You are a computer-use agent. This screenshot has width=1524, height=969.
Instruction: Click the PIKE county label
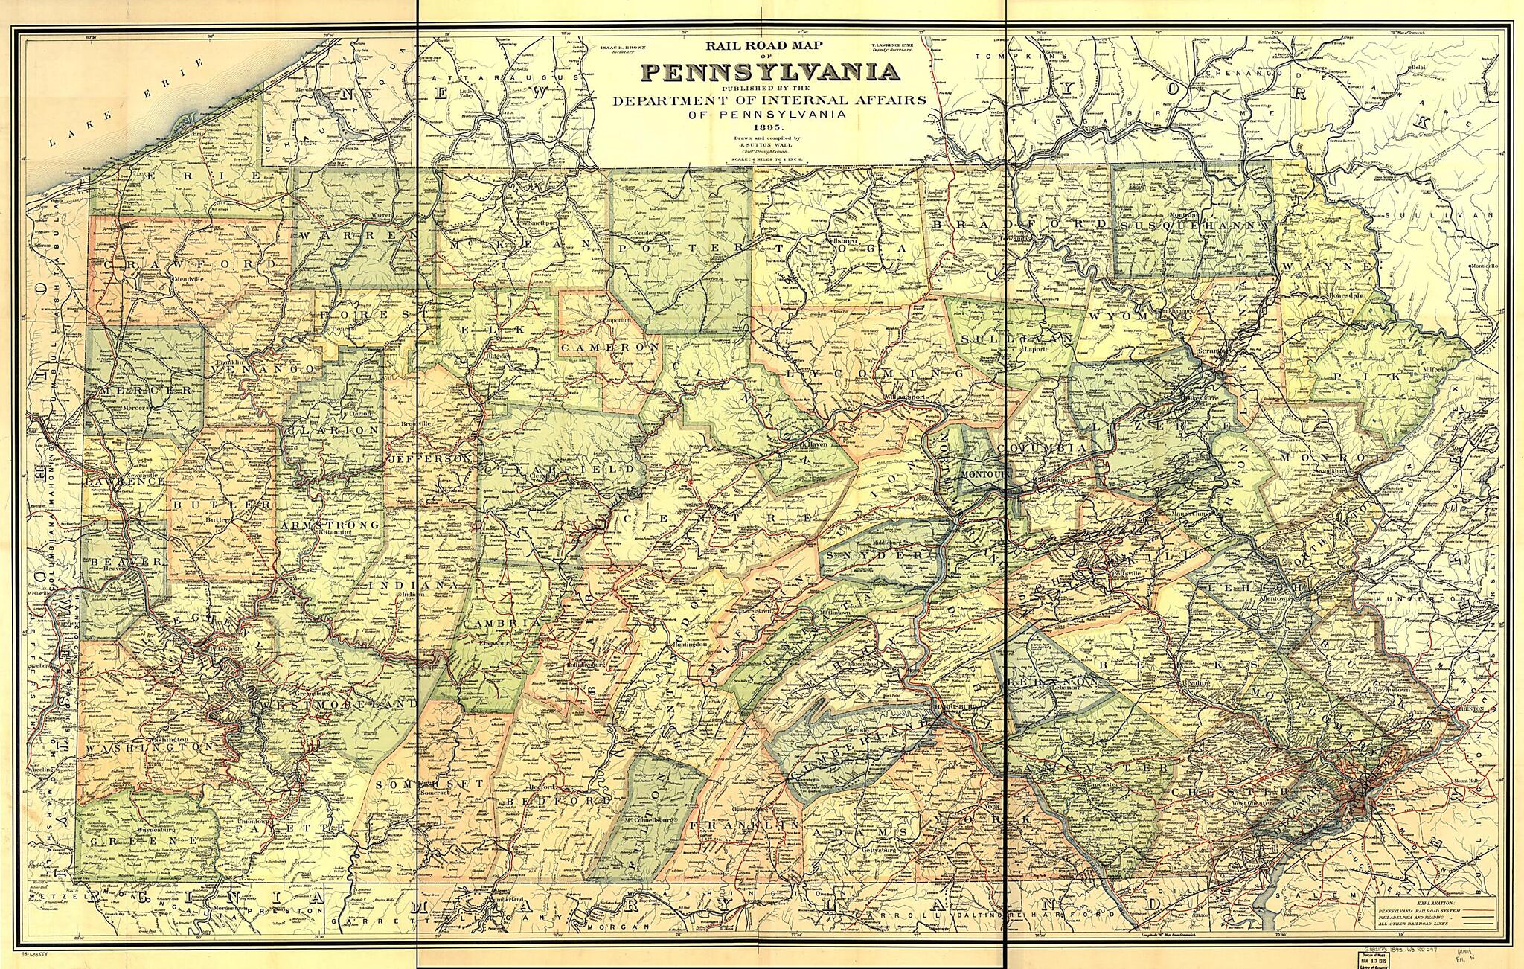(1382, 377)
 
